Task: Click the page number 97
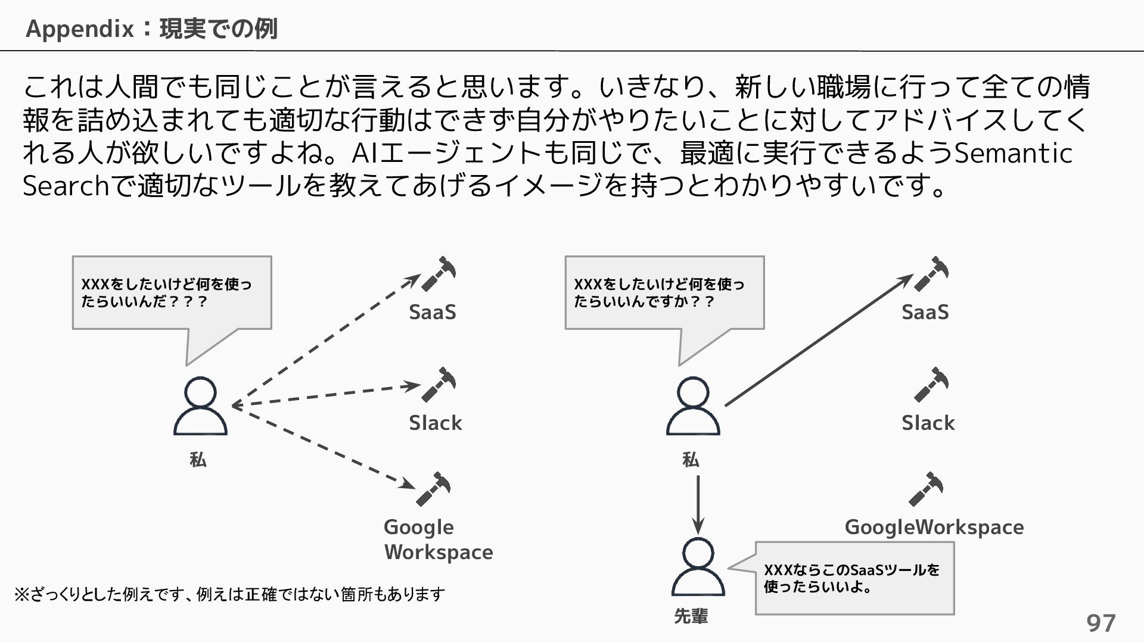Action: [x=1101, y=623]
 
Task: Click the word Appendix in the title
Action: [x=80, y=29]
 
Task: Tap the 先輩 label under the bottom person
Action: [x=691, y=616]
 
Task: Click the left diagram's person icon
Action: [x=200, y=407]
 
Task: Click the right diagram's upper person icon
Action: [x=693, y=407]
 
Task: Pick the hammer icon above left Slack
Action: [x=439, y=385]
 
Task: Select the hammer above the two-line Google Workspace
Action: [x=433, y=489]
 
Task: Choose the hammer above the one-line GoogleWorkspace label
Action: [x=926, y=489]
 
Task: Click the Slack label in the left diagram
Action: [x=435, y=423]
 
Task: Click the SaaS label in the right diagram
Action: [x=925, y=312]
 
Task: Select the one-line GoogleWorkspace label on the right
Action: [x=934, y=527]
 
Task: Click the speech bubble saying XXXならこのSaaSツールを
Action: [x=854, y=578]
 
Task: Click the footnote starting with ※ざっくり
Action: [x=229, y=594]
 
